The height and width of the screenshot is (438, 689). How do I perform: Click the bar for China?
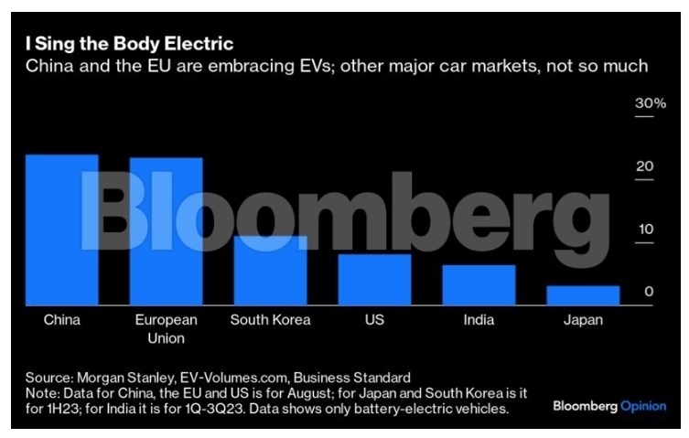coord(61,230)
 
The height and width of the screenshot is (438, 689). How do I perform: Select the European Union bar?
coord(166,231)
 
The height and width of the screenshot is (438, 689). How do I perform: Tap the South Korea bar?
coord(270,270)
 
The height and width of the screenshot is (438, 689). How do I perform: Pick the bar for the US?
coord(374,279)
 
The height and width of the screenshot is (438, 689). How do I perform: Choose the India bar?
coord(479,284)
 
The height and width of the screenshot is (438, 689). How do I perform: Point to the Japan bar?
coord(583,294)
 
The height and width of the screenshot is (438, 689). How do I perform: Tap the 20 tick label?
coord(645,166)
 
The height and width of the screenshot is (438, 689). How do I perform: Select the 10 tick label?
coord(645,229)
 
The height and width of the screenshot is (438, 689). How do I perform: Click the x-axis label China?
coord(62,320)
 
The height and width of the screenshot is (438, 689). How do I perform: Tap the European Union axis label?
coord(166,329)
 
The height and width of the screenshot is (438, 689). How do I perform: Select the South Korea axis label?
coord(270,320)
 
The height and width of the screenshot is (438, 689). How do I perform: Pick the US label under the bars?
coord(374,320)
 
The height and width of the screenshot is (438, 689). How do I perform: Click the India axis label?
coord(479,320)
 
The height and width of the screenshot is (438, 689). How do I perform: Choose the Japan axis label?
coord(583,320)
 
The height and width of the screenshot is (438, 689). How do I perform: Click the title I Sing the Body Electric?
coord(129,44)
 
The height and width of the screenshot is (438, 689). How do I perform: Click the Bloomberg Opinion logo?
coord(608,406)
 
